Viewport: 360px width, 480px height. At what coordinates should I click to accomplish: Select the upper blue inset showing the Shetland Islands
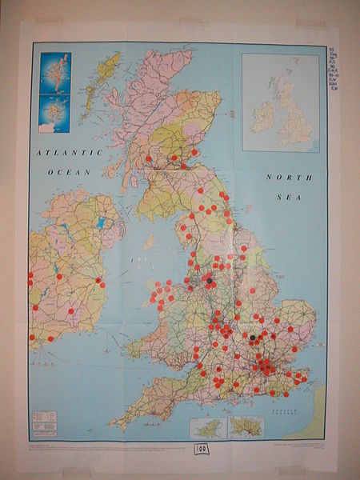tap(55, 73)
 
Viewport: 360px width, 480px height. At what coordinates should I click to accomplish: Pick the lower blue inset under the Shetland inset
tap(55, 114)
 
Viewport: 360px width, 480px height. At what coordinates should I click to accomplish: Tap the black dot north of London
tap(253, 338)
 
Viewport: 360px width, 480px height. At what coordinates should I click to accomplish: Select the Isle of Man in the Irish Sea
tap(148, 242)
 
